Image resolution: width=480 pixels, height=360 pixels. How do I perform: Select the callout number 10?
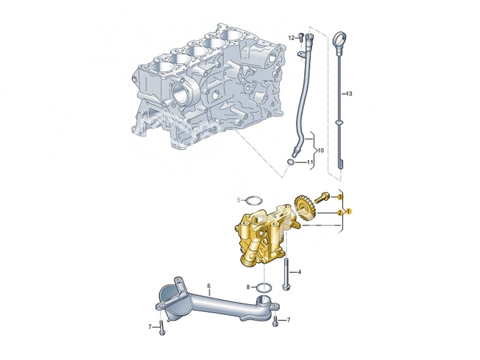tap(320, 150)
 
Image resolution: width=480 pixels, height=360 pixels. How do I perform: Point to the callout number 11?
tap(310, 162)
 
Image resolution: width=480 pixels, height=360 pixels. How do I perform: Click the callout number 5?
tap(238, 200)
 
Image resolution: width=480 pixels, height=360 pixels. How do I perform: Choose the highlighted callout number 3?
tap(340, 196)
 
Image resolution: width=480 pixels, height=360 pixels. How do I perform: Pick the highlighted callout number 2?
tap(340, 213)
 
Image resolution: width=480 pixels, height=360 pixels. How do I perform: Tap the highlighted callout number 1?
tap(348, 211)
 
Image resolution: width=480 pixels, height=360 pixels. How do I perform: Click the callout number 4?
tap(299, 271)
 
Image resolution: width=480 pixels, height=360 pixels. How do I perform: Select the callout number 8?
tap(248, 287)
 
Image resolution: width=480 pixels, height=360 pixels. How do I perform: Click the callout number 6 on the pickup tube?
tap(209, 286)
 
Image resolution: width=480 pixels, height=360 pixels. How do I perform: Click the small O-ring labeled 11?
tap(291, 162)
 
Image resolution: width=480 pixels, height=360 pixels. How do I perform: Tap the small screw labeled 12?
tap(300, 37)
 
